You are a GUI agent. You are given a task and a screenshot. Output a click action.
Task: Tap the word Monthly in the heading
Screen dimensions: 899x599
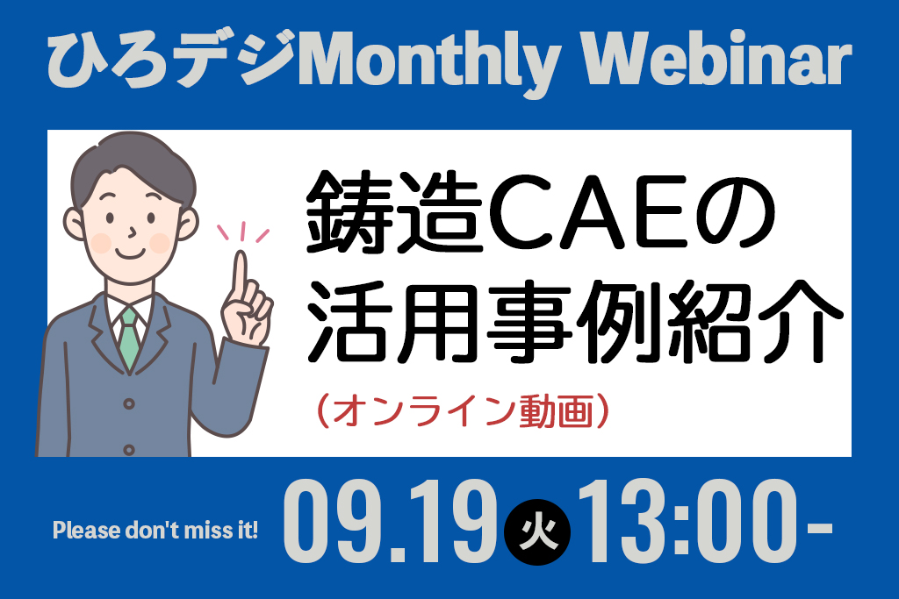tap(428, 63)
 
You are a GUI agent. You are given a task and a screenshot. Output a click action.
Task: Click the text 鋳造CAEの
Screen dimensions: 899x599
tap(541, 212)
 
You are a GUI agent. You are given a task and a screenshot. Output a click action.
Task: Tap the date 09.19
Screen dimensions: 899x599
tap(391, 522)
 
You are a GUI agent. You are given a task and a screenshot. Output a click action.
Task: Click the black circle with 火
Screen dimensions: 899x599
tap(537, 532)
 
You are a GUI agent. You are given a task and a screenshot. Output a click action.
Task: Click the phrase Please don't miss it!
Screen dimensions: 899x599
tap(155, 531)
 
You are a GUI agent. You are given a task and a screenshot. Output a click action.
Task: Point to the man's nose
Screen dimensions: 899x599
tap(133, 232)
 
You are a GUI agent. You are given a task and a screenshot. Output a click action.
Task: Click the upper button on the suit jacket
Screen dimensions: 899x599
tap(129, 404)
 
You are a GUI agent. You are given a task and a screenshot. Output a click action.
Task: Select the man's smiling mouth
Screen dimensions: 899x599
tap(130, 253)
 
